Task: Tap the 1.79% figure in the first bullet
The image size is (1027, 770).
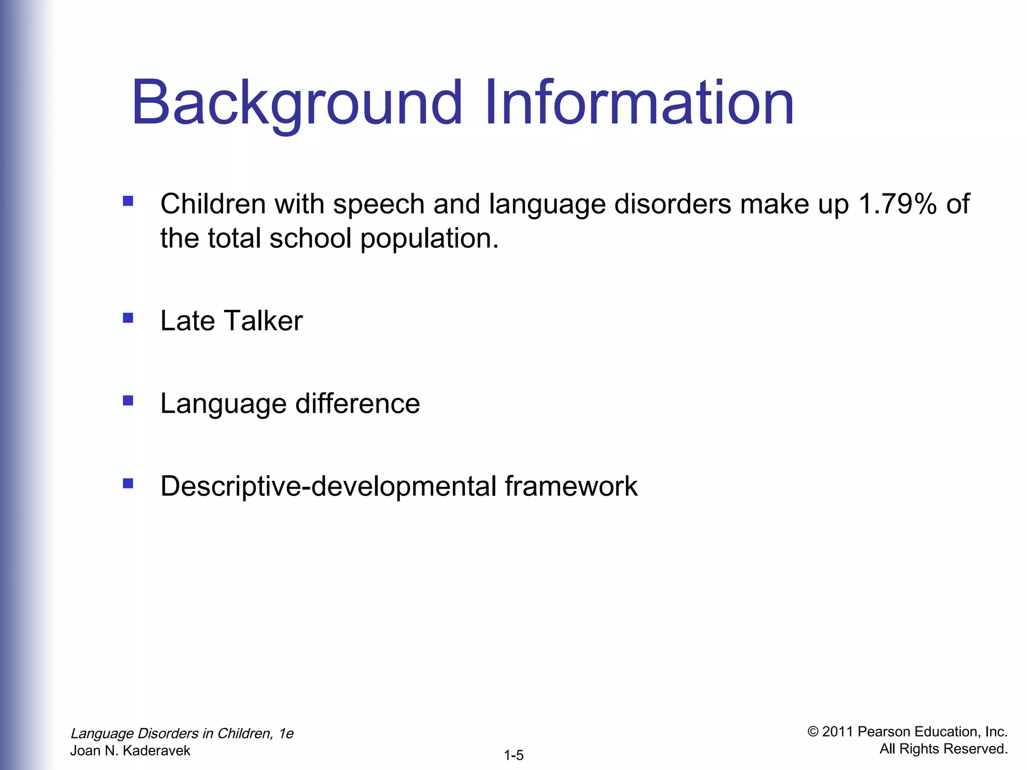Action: pyautogui.click(x=898, y=204)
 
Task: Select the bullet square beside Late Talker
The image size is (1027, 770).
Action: pyautogui.click(x=128, y=318)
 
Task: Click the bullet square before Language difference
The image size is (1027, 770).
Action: pyautogui.click(x=128, y=401)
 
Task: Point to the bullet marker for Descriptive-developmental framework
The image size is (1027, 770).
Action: pyautogui.click(x=128, y=483)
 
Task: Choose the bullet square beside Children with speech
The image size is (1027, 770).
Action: pyautogui.click(x=128, y=201)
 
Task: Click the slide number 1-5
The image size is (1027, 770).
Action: pyautogui.click(x=513, y=755)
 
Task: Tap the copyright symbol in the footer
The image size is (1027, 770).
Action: pyautogui.click(x=813, y=732)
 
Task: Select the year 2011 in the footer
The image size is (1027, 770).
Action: pyautogui.click(x=837, y=732)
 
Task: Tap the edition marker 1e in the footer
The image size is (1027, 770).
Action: pyautogui.click(x=286, y=733)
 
